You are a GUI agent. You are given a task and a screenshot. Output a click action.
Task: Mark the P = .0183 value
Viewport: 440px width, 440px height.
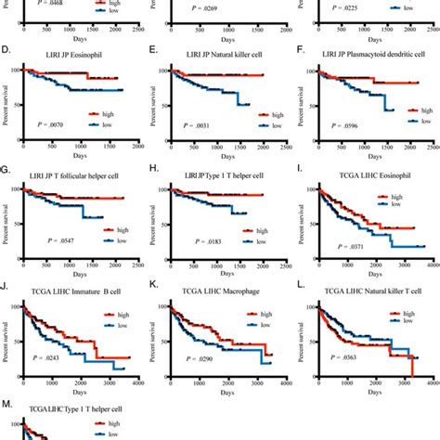click(x=193, y=244)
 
